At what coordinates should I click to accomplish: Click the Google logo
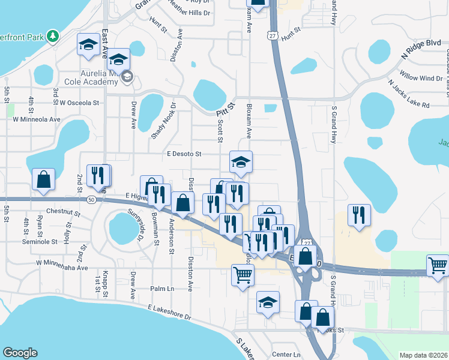(x=20, y=353)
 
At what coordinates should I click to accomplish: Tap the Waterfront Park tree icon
(x=53, y=36)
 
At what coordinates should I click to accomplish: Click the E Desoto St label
(x=184, y=154)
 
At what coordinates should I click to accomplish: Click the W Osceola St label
(x=79, y=103)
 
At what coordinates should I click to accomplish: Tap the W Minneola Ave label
(x=37, y=119)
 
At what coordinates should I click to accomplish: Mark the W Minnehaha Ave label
(x=62, y=262)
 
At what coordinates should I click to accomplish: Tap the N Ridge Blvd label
(x=421, y=49)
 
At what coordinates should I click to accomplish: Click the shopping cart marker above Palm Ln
(x=243, y=275)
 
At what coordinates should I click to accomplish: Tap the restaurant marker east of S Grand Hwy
(x=359, y=214)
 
